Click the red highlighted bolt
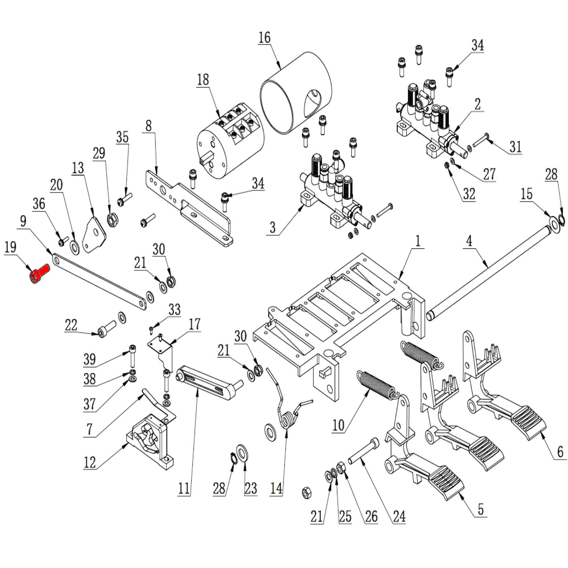coord(39,274)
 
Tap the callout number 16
coord(264,37)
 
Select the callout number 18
coord(203,80)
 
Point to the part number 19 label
coord(10,247)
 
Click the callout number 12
coord(90,462)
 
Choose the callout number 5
coord(481,509)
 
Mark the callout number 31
coord(515,147)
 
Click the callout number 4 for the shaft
coord(469,241)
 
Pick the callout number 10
coord(338,425)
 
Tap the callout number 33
coord(174,309)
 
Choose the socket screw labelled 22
coord(106,329)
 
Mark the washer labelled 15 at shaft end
coord(554,223)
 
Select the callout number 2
coord(477,104)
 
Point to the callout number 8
coord(148,126)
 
